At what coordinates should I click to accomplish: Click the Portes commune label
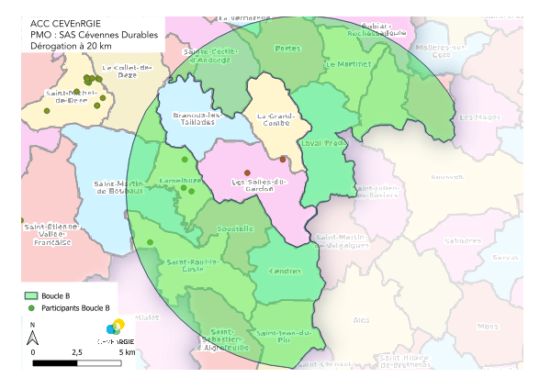pyautogui.click(x=287, y=48)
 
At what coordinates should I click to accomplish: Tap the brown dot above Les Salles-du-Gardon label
pyautogui.click(x=247, y=172)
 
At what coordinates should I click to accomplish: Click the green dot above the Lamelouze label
pyautogui.click(x=184, y=160)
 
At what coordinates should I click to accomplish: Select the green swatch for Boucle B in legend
pyautogui.click(x=30, y=295)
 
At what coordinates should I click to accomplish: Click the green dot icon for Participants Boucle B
pyautogui.click(x=30, y=308)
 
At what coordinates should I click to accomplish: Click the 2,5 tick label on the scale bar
pyautogui.click(x=76, y=351)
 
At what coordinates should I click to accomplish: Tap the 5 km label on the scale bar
pyautogui.click(x=127, y=351)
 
